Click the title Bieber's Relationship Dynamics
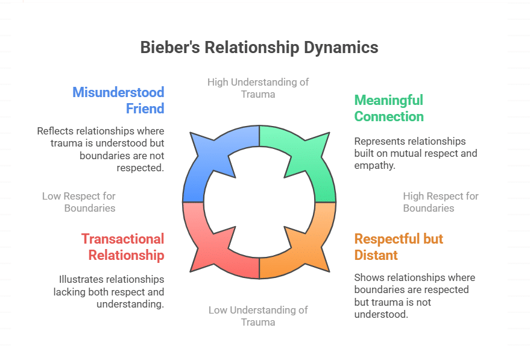coord(259,48)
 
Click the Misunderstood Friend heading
coord(118,100)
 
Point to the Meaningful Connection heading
coord(389,108)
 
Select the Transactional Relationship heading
coord(123,247)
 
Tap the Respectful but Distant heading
coord(399,247)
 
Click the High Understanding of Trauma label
coord(258,87)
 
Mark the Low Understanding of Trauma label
coord(258,315)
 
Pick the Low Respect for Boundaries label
coord(79,202)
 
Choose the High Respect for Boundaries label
coord(441,202)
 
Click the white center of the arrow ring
coord(259,202)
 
